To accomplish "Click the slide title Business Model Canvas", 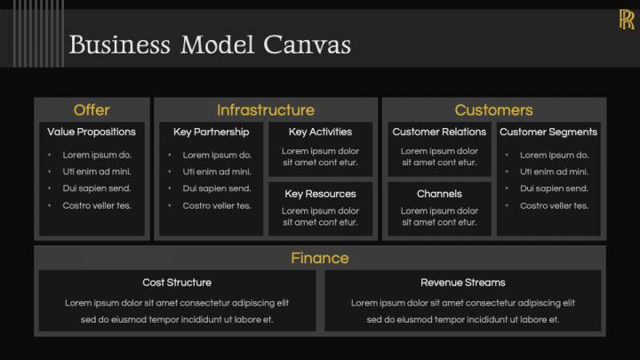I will [210, 44].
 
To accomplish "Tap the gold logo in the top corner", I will [626, 20].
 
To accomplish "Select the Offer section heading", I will [92, 110].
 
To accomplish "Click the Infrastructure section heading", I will [265, 110].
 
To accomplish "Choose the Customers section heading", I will [493, 110].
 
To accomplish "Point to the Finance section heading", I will [320, 259].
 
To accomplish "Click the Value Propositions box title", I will [92, 132].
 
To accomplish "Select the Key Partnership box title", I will [211, 132].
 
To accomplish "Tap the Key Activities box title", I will [320, 132].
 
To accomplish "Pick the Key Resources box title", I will [320, 194].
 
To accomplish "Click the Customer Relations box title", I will [439, 132].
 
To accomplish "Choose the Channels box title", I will [439, 194].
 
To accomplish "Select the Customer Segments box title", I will [548, 132].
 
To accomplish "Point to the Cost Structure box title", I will [177, 283].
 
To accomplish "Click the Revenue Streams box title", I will [463, 283].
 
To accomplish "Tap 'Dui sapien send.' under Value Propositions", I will [96, 188].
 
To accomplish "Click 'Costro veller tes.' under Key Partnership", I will [217, 205].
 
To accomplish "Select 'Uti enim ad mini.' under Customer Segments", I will [554, 172].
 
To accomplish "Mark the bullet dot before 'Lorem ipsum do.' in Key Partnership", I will [171, 155].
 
